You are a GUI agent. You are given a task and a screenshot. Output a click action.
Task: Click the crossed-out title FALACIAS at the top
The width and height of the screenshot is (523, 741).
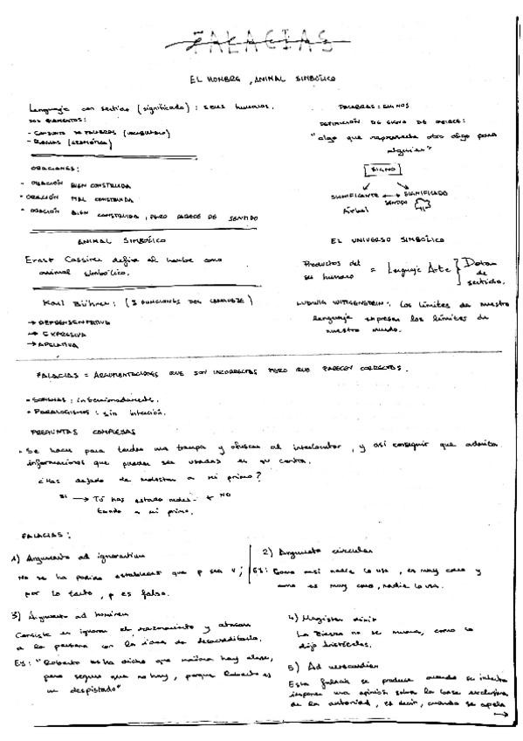tap(261, 37)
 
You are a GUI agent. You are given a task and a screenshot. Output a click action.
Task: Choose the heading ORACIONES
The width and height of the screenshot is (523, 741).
tap(53, 168)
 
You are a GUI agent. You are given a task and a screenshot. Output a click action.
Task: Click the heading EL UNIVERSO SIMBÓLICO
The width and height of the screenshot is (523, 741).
tap(388, 239)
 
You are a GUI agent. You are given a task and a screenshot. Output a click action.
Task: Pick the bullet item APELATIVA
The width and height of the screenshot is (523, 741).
tap(53, 345)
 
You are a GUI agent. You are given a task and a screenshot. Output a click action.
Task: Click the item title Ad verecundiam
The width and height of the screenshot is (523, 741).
tap(324, 667)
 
